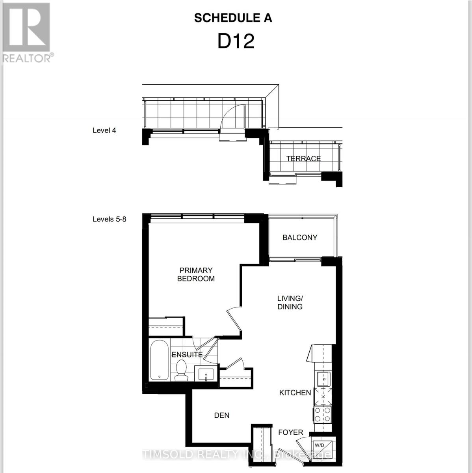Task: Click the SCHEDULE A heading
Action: point(233,18)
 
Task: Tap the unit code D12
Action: point(236,41)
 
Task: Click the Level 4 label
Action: point(104,130)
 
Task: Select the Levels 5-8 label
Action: point(109,219)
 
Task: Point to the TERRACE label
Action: point(303,158)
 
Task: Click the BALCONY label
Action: point(299,237)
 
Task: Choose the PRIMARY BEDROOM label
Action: point(196,274)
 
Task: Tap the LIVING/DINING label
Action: point(290,302)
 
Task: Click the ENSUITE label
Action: point(187,355)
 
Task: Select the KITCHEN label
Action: point(295,393)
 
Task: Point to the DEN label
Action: point(221,415)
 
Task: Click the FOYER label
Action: point(290,432)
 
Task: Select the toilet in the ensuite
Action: point(182,371)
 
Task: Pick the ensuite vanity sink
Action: point(206,374)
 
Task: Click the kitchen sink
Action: point(323,379)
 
